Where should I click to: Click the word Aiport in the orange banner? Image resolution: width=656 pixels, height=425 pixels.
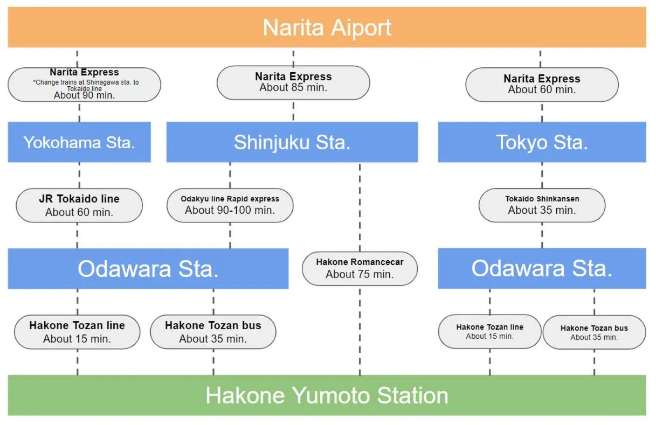(x=362, y=28)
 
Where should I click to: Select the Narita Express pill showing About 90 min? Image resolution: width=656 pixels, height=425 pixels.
(x=84, y=85)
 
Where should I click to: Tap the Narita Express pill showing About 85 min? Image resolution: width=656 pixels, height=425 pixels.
(x=293, y=82)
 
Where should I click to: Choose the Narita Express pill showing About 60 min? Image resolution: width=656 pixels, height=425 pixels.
(x=542, y=85)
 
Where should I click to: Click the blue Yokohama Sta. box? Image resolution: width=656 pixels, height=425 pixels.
(x=79, y=142)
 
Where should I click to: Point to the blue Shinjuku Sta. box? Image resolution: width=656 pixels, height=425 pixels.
(x=292, y=142)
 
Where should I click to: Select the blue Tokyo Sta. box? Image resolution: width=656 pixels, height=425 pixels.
(x=542, y=142)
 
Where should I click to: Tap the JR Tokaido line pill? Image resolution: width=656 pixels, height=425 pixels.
(x=79, y=205)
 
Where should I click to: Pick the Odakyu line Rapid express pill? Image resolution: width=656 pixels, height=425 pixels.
(x=230, y=205)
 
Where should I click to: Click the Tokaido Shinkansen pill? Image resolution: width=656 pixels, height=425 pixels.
(x=542, y=205)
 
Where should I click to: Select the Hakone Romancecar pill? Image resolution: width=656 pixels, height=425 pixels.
(x=360, y=268)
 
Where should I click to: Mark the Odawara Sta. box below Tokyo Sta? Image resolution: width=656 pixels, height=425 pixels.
(x=542, y=268)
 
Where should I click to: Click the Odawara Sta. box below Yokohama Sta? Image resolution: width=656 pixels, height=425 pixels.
(x=148, y=268)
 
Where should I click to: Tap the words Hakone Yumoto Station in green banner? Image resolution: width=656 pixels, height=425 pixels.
(x=327, y=395)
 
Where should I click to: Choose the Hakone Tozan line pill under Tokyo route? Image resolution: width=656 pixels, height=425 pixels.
(x=489, y=332)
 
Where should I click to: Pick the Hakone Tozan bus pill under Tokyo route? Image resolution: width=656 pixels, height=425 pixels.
(x=594, y=333)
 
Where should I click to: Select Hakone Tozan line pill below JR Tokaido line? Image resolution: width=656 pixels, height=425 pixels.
(x=77, y=332)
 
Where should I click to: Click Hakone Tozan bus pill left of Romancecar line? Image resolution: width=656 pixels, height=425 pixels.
(x=213, y=332)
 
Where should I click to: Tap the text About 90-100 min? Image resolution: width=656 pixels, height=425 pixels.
(x=230, y=211)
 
